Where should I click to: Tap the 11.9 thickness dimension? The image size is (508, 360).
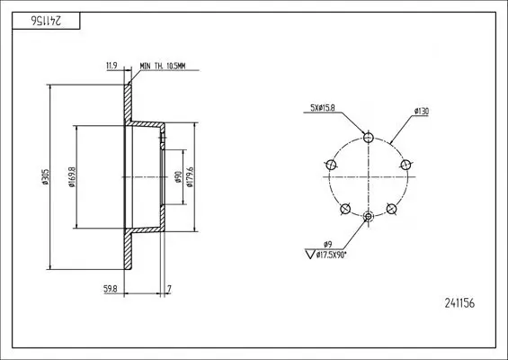[x=111, y=66]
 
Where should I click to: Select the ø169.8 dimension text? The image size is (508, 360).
[x=70, y=177]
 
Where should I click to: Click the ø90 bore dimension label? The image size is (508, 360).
[x=178, y=177]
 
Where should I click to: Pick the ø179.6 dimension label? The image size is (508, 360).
[x=191, y=177]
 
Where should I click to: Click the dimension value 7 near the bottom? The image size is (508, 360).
[x=169, y=288]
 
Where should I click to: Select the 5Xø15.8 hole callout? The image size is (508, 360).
[x=322, y=109]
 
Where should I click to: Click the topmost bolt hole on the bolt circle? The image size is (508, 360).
[x=368, y=137]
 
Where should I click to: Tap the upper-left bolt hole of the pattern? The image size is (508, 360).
[x=330, y=165]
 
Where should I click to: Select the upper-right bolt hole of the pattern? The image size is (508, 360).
[x=406, y=165]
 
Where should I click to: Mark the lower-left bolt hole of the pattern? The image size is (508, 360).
[x=344, y=209]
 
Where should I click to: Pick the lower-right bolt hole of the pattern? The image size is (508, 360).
[x=391, y=209]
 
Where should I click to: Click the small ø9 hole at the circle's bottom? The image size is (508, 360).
[x=368, y=217]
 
